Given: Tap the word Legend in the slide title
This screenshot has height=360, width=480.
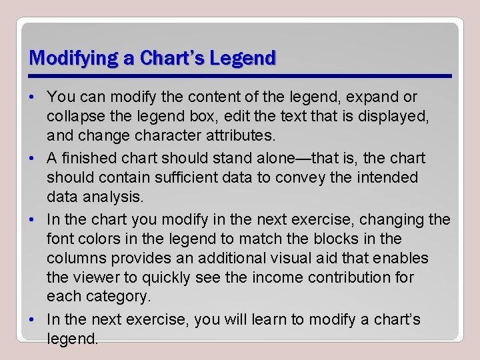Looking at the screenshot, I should click(x=242, y=58).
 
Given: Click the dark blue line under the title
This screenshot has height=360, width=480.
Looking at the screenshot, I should click(x=240, y=75).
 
